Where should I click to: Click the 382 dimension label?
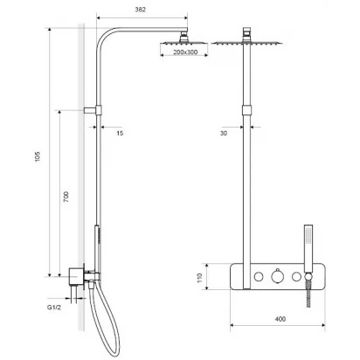coord(140,10)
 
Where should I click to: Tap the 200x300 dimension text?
coord(185,52)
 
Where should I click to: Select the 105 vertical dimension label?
coord(38,156)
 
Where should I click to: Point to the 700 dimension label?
coord(66,197)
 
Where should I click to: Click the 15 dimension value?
coord(120,133)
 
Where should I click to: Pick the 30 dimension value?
coord(224,133)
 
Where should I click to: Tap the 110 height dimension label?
coord(199,278)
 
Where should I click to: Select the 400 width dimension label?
coord(280,319)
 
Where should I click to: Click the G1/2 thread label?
coord(54,308)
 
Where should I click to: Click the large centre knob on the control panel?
coord(277,276)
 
